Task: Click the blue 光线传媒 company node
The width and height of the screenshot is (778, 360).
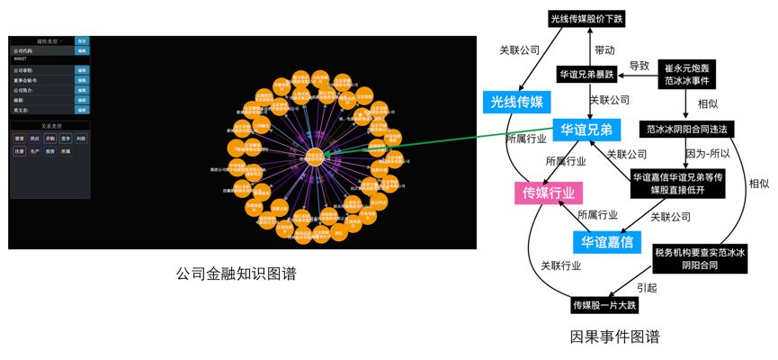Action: pos(516,103)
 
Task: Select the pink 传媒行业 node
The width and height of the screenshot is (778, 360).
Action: pos(549,192)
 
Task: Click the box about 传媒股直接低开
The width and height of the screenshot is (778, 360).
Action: pos(677,184)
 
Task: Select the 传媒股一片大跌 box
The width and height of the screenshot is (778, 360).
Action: pos(604,306)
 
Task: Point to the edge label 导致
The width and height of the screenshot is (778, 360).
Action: pos(639,66)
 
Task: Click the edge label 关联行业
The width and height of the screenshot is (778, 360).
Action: pos(560,265)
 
